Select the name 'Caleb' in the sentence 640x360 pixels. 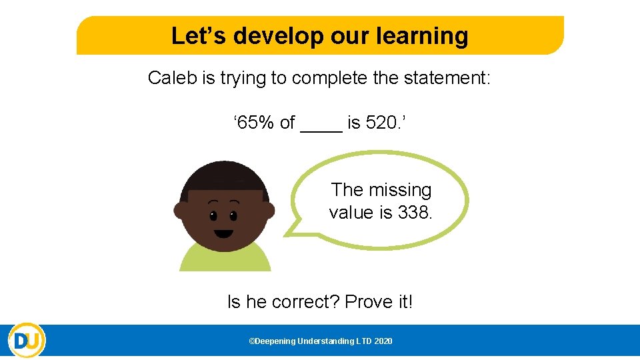coord(172,78)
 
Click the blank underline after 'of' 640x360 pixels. coord(321,127)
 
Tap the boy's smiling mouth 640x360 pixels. coord(223,234)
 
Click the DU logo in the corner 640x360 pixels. coord(26,341)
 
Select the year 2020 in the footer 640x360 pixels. coord(383,341)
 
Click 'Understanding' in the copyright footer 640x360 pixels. coord(326,341)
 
